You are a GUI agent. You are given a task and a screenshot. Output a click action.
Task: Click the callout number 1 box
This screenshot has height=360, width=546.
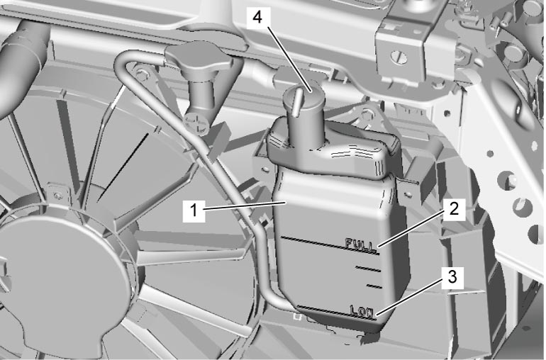pyautogui.click(x=194, y=210)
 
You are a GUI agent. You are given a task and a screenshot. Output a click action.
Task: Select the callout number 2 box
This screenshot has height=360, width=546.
pyautogui.click(x=454, y=209)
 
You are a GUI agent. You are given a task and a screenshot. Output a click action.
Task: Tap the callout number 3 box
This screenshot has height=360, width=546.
pyautogui.click(x=452, y=278)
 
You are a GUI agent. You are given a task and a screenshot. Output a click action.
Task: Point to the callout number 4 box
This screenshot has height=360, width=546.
pyautogui.click(x=257, y=17)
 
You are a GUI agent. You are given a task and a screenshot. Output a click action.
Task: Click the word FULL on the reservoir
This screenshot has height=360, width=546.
pyautogui.click(x=361, y=244)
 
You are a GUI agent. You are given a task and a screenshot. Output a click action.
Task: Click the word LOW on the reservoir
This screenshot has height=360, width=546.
pyautogui.click(x=362, y=310)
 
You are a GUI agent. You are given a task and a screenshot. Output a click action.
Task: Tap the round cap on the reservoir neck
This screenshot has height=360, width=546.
pyautogui.click(x=303, y=95)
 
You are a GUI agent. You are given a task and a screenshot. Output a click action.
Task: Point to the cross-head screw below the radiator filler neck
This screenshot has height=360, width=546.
pyautogui.click(x=196, y=123)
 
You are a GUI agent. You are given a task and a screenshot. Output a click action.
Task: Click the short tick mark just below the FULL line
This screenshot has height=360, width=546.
pyautogui.click(x=368, y=269)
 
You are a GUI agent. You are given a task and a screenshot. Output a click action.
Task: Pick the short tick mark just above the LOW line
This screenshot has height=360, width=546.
pyautogui.click(x=374, y=286)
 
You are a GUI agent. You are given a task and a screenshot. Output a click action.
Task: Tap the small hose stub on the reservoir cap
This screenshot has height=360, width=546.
pyautogui.click(x=296, y=101)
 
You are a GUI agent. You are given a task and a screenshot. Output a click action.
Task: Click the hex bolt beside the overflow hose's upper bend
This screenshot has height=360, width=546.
pyautogui.click(x=141, y=74)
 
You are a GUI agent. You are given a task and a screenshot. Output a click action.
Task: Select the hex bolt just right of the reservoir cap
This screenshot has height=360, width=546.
pyautogui.click(x=367, y=114)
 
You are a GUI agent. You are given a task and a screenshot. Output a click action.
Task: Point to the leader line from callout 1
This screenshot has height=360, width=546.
pyautogui.click(x=245, y=206)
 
